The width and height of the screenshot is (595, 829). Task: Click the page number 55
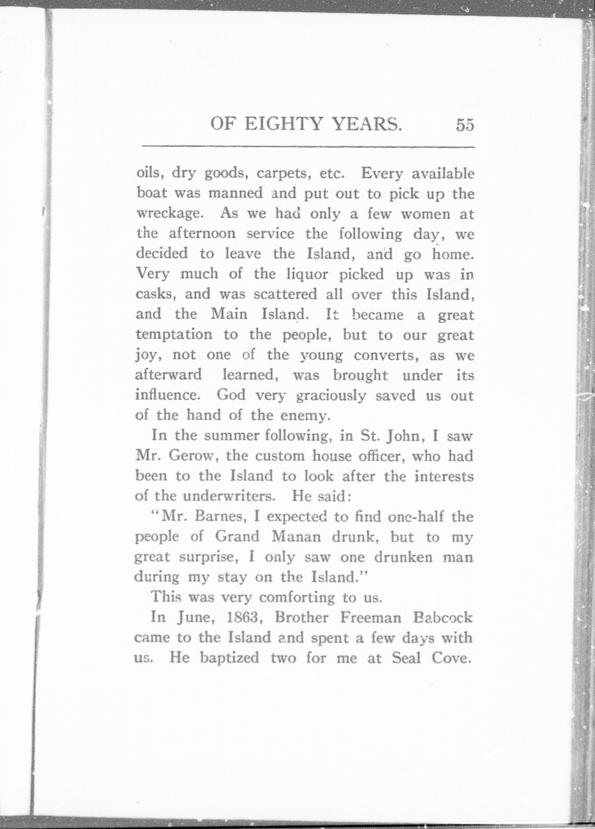pos(465,125)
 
